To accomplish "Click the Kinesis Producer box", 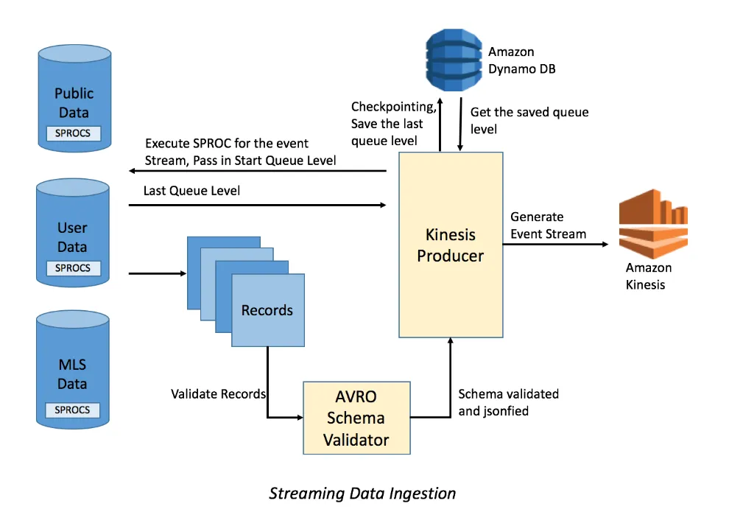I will [x=451, y=245].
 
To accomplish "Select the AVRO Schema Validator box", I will [x=357, y=418].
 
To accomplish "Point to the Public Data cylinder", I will [x=74, y=96].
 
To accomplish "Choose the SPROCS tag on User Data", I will [x=73, y=268].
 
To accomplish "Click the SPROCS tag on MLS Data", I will [x=73, y=410].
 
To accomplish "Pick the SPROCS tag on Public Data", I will [x=73, y=134].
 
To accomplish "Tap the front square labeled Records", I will [x=267, y=310].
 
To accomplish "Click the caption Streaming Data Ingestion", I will [x=362, y=493].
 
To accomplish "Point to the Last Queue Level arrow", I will [x=258, y=204].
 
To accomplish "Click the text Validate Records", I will [x=218, y=394].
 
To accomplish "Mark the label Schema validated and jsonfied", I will [x=508, y=402].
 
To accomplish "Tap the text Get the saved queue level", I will [x=529, y=121].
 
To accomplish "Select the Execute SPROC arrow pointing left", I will [x=258, y=171].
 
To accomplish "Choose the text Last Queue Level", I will [x=192, y=190].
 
